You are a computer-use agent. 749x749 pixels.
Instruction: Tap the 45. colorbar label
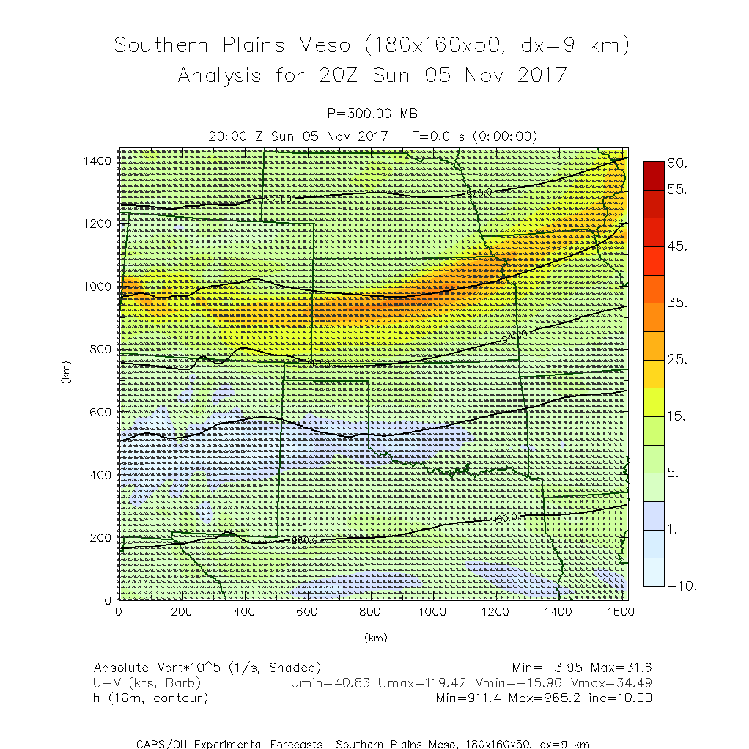[x=677, y=247]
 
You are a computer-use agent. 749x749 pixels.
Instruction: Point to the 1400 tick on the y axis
[x=97, y=160]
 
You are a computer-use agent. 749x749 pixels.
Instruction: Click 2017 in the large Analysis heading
[x=542, y=75]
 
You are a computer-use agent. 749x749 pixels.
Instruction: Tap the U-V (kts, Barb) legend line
[x=147, y=683]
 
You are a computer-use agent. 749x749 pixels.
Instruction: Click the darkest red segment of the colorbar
[x=654, y=174]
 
